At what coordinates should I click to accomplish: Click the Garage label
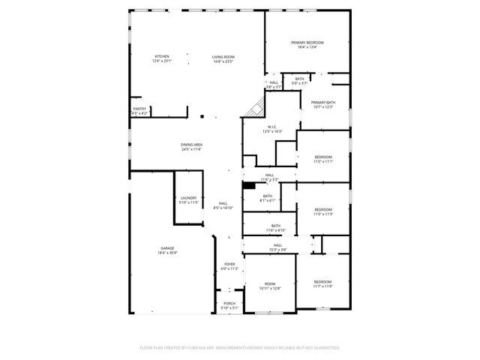pyautogui.click(x=166, y=250)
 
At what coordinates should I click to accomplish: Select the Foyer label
pyautogui.click(x=229, y=265)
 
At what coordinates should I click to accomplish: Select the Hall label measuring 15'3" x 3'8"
pyautogui.click(x=277, y=247)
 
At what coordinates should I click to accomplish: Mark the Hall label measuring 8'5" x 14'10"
pyautogui.click(x=223, y=205)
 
